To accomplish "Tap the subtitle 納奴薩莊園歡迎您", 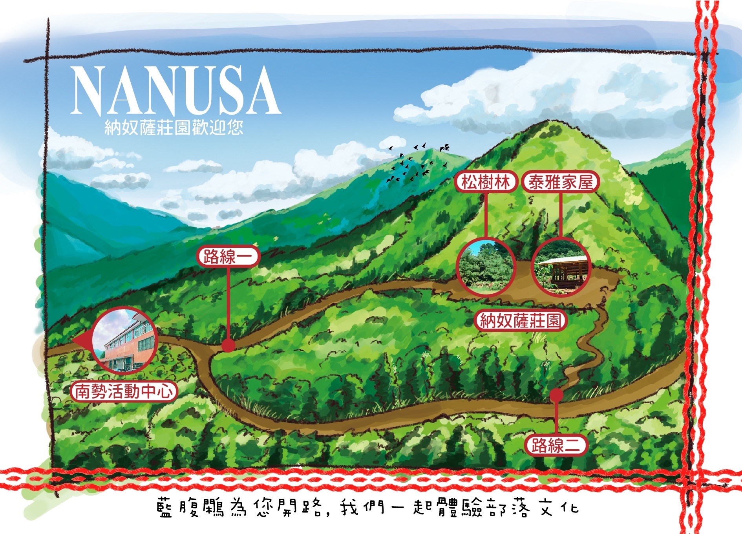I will click(x=174, y=128).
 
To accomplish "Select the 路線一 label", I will click(x=228, y=257).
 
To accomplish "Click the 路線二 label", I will click(x=555, y=445).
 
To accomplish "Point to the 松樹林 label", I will click(x=486, y=182).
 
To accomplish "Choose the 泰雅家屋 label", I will click(x=560, y=182).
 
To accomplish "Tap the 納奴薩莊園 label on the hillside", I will click(x=521, y=321).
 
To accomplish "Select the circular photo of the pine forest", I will click(x=486, y=266).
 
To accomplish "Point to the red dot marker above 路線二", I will click(x=556, y=395).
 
